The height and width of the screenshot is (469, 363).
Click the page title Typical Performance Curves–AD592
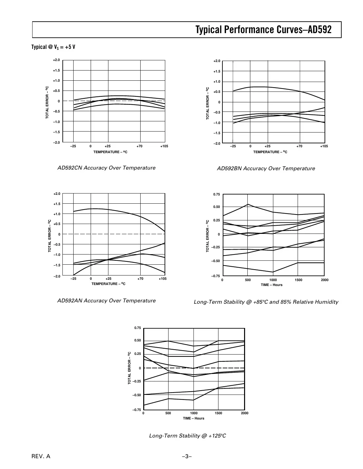pos(263,30)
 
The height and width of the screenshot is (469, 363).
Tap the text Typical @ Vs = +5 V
pos(53,47)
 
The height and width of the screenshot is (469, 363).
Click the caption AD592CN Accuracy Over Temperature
pos(106,168)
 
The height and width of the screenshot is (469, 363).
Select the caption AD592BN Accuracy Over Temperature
pos(266,169)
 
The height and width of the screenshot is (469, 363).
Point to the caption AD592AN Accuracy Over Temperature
pos(106,301)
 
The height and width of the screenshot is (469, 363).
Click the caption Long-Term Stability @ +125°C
pos(187,436)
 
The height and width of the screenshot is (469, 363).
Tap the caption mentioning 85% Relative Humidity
pos(266,302)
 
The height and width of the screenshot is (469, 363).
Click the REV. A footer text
pos(41,456)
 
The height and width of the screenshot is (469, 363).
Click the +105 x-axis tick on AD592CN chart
pos(164,146)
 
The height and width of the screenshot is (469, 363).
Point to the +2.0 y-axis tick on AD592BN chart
pos(216,61)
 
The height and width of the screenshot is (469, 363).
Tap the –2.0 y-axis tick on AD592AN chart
pos(57,276)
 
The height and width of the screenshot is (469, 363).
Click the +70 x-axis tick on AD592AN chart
pos(140,279)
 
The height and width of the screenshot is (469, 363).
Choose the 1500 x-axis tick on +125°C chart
pos(218,413)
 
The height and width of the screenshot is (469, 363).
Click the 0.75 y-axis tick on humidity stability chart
pos(216,194)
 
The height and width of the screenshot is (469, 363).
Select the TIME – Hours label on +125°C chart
pos(193,418)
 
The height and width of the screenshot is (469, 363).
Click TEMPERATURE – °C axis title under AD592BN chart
pos(270,152)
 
